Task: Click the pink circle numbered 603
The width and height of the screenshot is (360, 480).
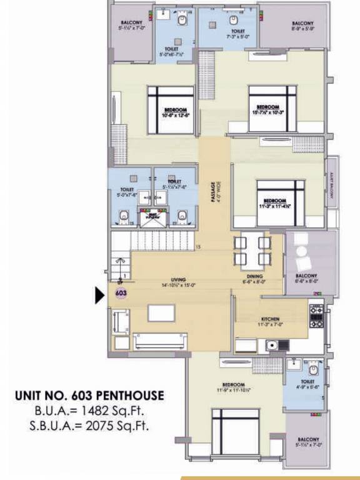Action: pos(121,292)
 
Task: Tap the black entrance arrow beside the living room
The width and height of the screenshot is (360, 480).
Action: pos(99,294)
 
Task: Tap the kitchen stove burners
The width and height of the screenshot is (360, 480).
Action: pos(316,316)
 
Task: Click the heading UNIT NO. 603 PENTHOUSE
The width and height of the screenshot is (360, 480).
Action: pos(89,396)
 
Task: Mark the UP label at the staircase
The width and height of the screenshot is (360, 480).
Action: pos(119,282)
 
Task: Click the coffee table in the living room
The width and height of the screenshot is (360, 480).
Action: pos(161,312)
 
